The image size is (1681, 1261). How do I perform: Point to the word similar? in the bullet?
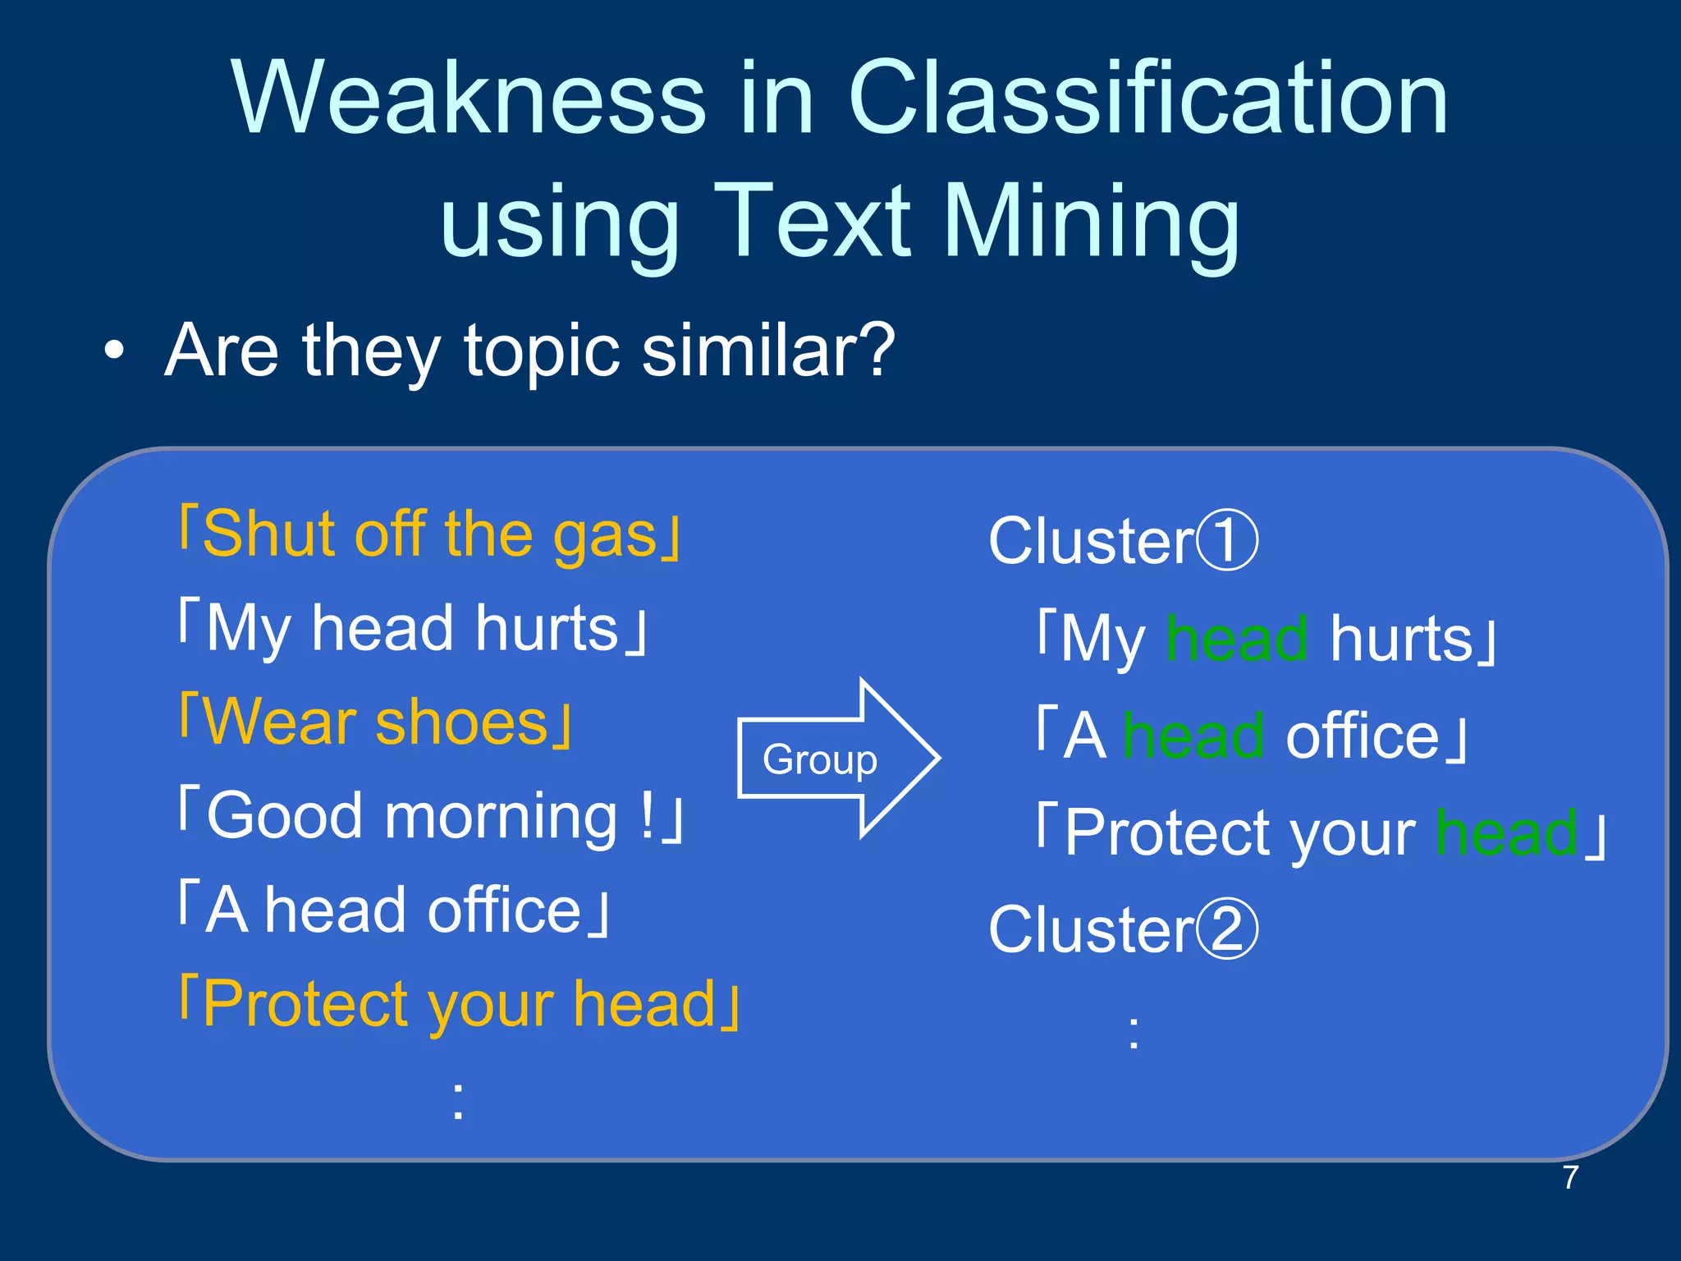click(x=767, y=351)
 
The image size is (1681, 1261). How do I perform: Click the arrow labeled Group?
click(x=837, y=759)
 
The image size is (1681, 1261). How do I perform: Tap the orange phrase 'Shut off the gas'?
click(x=430, y=535)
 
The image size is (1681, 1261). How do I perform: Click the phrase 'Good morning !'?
click(x=431, y=816)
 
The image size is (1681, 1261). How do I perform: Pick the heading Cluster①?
click(x=1122, y=541)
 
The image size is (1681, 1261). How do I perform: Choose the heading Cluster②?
click(x=1122, y=929)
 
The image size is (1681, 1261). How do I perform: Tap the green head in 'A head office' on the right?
click(x=1193, y=736)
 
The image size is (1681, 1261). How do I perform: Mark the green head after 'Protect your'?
click(x=1507, y=832)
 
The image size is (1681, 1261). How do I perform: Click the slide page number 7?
click(x=1570, y=1177)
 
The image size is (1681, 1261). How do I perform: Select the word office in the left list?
click(x=504, y=910)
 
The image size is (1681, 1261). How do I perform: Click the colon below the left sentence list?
click(x=458, y=1101)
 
